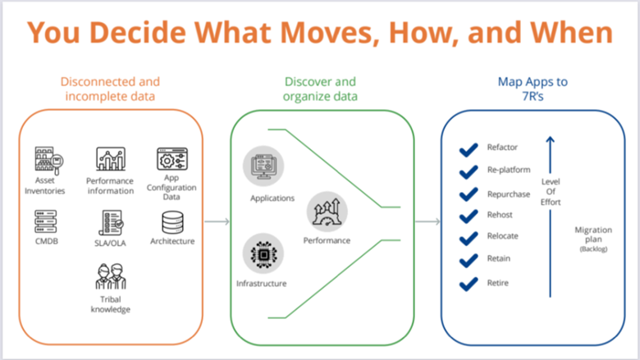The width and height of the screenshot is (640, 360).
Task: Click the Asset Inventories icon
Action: pos(48,160)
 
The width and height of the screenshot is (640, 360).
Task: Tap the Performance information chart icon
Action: pos(111,158)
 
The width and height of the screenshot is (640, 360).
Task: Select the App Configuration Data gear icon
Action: pos(171,159)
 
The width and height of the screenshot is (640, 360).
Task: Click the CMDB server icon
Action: pos(46,221)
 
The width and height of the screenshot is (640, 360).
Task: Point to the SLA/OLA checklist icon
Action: pos(111,222)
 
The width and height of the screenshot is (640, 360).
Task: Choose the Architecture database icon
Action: pos(172,222)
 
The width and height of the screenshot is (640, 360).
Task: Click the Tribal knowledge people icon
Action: pos(111,276)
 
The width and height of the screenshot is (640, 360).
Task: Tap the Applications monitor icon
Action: pos(263,166)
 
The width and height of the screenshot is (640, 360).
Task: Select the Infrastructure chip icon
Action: pos(263,253)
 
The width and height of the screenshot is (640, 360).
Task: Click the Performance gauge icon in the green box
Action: pos(327,212)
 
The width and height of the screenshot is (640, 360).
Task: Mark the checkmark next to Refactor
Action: pos(469,150)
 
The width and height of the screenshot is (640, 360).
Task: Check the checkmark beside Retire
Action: pos(469,285)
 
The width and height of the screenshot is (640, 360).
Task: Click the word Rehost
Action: pos(500,215)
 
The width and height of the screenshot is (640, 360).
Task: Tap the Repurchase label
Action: pos(509,194)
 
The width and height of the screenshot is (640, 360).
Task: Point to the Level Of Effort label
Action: pos(551,192)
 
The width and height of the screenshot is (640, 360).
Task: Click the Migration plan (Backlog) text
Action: pos(593,239)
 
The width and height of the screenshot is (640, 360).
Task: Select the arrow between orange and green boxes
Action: pos(217,221)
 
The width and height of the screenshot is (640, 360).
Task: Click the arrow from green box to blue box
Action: pos(427,221)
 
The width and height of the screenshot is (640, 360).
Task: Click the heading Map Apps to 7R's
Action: pos(533,89)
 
